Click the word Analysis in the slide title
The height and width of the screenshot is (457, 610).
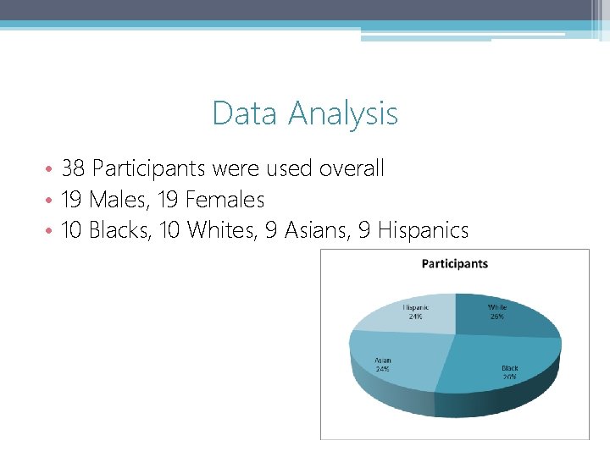point(343,113)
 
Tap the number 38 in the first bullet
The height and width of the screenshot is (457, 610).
point(73,169)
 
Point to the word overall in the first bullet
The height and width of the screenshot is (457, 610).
point(351,169)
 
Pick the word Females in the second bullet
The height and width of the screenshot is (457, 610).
point(225,201)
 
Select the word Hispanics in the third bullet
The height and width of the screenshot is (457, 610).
point(424,230)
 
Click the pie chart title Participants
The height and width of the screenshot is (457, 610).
point(455,263)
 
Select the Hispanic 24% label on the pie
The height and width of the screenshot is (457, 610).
point(415,311)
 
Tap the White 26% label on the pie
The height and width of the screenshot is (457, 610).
point(496,311)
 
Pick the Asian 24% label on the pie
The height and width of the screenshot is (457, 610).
point(383,365)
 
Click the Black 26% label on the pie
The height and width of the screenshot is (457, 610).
point(509,372)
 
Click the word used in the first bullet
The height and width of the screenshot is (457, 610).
point(290,169)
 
